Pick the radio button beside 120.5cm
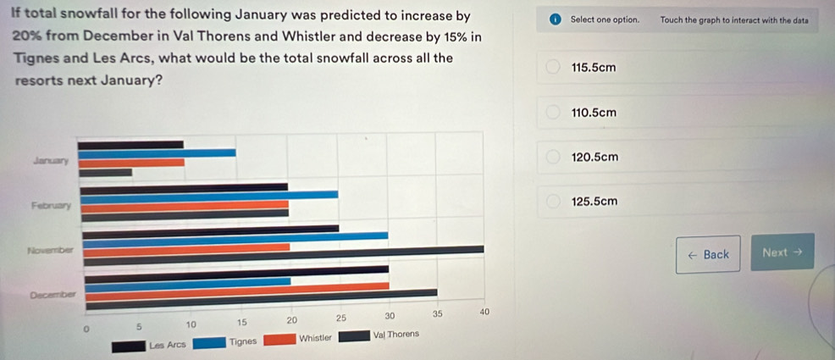(x=552, y=158)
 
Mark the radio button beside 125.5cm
(x=552, y=202)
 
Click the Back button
(x=708, y=254)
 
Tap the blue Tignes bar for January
(x=157, y=153)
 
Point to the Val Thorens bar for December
(x=258, y=293)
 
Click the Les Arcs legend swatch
(x=128, y=343)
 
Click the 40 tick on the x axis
(x=484, y=313)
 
